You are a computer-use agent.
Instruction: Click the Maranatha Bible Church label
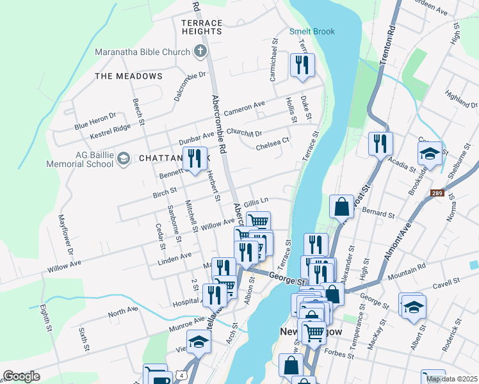[x=142, y=52]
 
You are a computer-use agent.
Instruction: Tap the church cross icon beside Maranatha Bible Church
[x=200, y=51]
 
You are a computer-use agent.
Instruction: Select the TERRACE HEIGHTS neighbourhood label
[x=202, y=27]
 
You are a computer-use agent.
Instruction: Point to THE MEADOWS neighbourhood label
[x=129, y=76]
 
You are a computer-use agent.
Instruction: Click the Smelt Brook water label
[x=312, y=31]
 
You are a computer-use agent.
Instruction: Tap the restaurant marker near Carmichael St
[x=302, y=65]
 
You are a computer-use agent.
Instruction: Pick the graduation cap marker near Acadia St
[x=430, y=154]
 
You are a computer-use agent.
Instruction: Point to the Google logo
[x=21, y=376]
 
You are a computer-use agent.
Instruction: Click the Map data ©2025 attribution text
[x=452, y=379]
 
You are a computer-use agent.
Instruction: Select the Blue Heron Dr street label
[x=95, y=117]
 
